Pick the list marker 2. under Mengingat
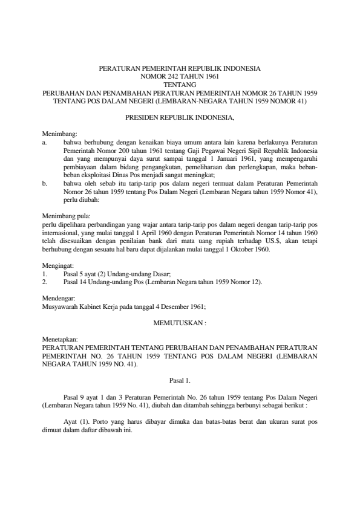(x=44, y=282)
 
